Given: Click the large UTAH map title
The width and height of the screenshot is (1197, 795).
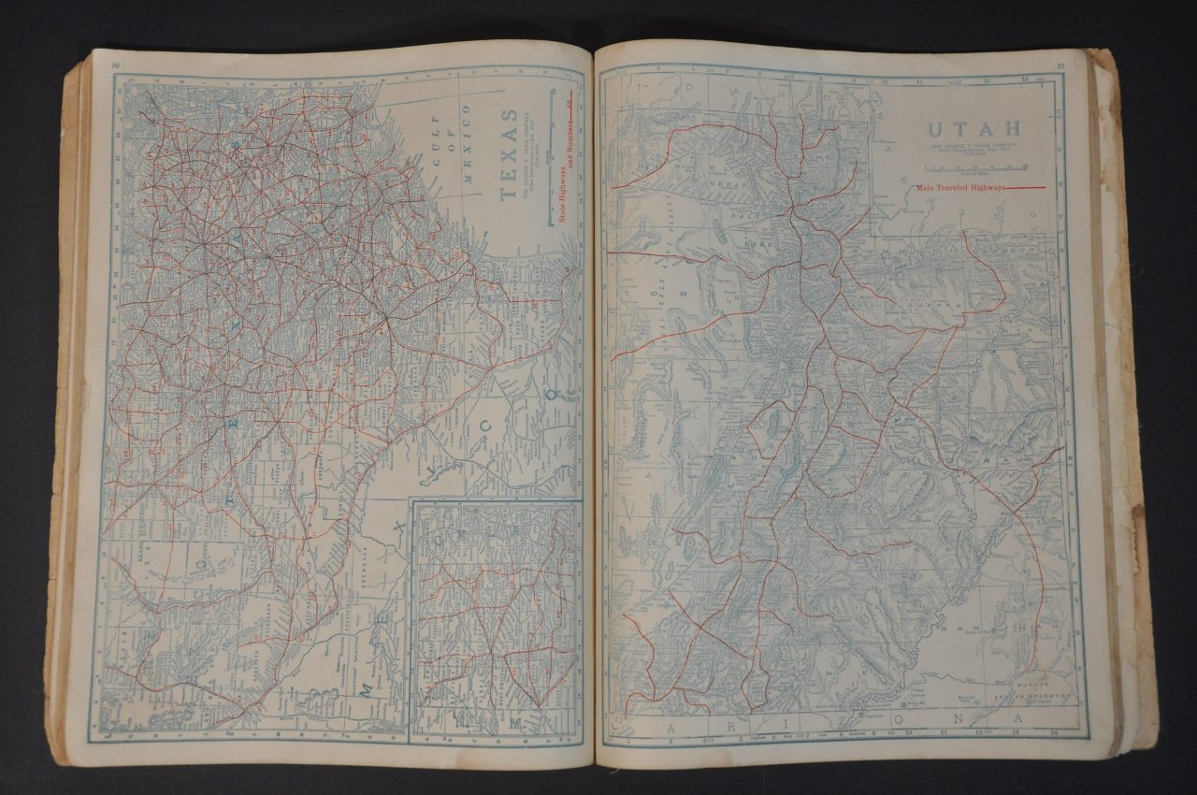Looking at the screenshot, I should point(973,131).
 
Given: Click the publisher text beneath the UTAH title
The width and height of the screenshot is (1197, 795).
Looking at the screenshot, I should point(973,149).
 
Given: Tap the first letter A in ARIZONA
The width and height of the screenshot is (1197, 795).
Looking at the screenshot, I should point(671,727).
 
